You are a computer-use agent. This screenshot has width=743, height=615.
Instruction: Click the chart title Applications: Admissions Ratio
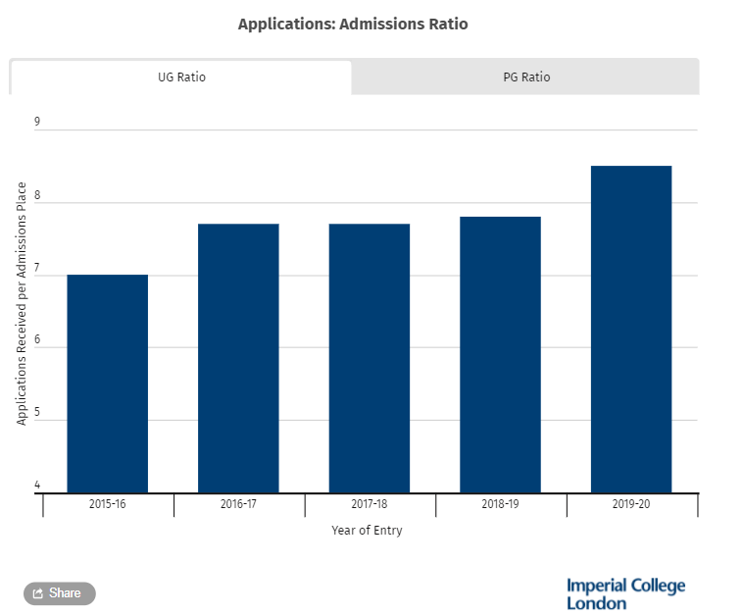353,24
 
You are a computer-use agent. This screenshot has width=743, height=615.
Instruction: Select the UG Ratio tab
181,77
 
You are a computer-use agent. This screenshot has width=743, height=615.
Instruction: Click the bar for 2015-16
108,384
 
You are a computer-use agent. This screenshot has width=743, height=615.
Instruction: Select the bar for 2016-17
238,358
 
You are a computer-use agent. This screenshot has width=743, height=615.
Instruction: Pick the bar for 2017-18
370,358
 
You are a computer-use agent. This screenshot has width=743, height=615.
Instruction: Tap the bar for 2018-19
501,354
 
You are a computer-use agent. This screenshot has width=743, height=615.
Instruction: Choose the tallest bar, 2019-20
631,329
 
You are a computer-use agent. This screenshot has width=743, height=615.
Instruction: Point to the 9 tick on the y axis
37,123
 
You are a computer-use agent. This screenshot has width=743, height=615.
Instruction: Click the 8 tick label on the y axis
37,195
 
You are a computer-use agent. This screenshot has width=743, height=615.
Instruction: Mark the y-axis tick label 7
37,268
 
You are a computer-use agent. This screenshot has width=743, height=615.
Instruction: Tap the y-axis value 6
37,340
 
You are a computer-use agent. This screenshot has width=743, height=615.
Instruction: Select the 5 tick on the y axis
37,413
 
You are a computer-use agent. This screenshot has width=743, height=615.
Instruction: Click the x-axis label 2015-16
108,504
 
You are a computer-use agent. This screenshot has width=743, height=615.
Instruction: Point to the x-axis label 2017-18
370,504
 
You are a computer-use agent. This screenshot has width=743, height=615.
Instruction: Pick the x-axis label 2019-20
631,504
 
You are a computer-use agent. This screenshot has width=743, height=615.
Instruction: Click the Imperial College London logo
625,593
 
